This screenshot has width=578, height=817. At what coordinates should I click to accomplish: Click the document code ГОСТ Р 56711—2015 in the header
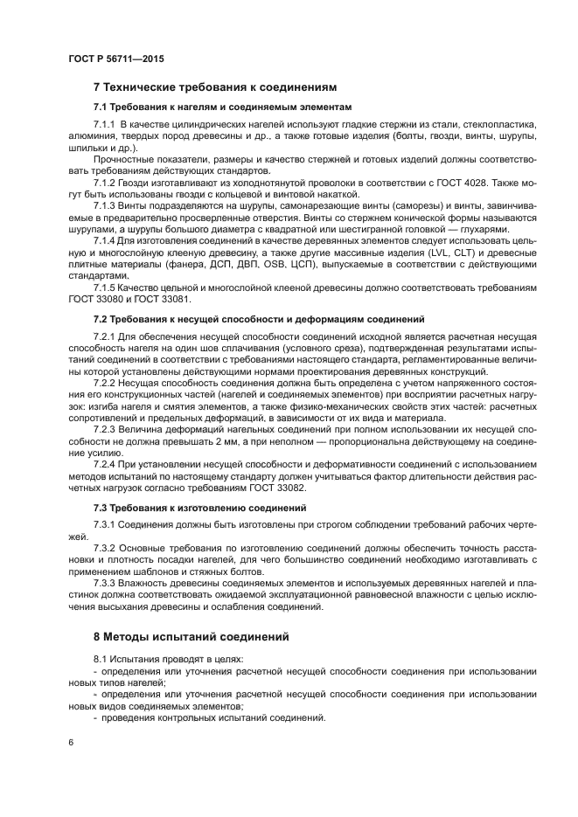pyautogui.click(x=115, y=59)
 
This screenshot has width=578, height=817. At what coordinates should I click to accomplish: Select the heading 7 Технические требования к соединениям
pyautogui.click(x=214, y=87)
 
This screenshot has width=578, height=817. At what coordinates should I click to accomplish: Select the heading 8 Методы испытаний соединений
pyautogui.click(x=191, y=636)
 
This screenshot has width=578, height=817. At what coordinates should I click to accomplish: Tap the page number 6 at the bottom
pyautogui.click(x=69, y=743)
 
